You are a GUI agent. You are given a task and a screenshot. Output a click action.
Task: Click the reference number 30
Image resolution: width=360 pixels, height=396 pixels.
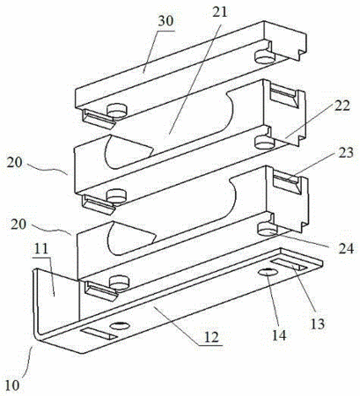point(165,21)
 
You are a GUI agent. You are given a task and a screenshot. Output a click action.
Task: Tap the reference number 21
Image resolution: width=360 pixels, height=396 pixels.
point(220,12)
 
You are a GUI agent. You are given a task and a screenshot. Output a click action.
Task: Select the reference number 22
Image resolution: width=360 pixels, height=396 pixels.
point(342,106)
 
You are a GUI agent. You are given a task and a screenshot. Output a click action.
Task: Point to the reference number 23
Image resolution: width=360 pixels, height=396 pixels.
point(345,153)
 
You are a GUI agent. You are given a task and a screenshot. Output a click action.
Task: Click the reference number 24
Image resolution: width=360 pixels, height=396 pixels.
point(346,248)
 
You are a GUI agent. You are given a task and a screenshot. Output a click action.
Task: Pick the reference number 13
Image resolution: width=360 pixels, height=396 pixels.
point(318,324)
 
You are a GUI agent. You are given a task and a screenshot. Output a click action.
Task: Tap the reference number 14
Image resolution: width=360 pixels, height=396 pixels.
point(279,335)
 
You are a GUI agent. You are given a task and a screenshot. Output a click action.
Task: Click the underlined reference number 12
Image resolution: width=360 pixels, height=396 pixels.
point(211,338)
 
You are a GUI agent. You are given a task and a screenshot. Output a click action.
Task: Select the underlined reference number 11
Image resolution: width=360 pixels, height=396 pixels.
point(40,249)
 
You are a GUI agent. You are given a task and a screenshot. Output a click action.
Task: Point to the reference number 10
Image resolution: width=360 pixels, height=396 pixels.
point(12,385)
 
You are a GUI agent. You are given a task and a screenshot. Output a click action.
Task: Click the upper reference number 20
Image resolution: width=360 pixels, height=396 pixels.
point(15,163)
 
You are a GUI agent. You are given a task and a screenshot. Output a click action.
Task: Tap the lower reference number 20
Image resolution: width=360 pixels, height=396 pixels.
point(18,224)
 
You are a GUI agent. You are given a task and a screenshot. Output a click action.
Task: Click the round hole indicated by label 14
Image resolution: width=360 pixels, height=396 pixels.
point(268,272)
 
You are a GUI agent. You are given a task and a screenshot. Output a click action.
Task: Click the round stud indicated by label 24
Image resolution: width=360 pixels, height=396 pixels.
point(268,229)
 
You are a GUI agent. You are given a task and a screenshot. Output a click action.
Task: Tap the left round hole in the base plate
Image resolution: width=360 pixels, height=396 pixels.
point(120,326)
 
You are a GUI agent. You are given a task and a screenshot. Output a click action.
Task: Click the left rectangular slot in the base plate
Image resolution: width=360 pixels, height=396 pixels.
point(99,334)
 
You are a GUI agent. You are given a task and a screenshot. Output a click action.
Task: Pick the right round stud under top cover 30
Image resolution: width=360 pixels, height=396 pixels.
point(265,57)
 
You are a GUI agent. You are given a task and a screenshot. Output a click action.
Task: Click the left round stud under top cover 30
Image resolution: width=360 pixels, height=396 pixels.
point(117,111)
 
